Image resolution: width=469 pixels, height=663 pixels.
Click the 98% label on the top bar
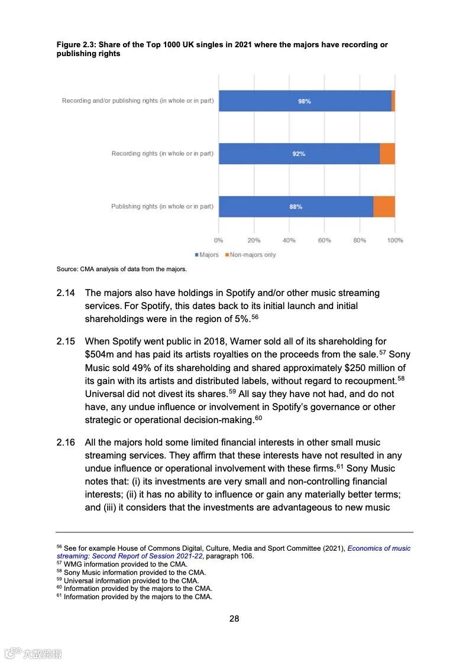(304, 101)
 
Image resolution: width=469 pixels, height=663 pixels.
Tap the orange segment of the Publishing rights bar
(384, 207)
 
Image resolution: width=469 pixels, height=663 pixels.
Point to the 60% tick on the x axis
(324, 240)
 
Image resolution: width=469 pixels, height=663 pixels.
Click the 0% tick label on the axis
(219, 240)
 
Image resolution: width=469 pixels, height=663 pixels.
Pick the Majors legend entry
(207, 255)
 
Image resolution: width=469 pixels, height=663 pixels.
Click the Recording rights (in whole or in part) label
(162, 154)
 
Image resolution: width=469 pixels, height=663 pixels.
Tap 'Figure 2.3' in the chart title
(76, 45)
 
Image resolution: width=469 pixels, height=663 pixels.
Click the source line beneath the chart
(121, 269)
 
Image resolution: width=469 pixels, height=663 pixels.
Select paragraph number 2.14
(66, 293)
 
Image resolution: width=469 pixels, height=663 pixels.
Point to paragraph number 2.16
(66, 443)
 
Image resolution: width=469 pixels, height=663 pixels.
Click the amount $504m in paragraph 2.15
(99, 355)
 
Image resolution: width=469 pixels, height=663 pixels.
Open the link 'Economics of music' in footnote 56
(379, 548)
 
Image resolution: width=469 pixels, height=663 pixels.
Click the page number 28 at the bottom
(234, 619)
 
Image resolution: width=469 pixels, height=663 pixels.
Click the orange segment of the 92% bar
(387, 154)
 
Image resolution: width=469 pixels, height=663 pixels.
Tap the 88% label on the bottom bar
(296, 207)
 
